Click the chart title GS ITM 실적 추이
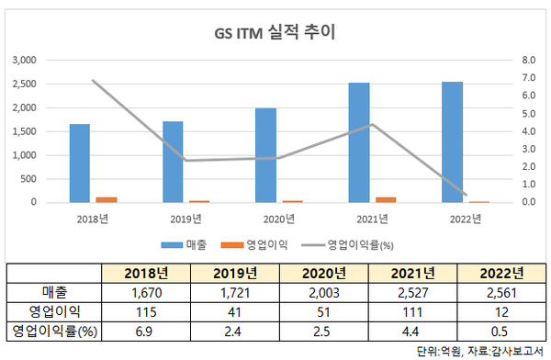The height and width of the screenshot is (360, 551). (275, 34)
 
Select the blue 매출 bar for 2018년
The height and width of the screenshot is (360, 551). (80, 163)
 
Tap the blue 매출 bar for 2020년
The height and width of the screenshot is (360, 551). (265, 155)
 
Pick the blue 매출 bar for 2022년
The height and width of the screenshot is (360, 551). (452, 141)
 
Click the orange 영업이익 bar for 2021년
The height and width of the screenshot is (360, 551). (386, 199)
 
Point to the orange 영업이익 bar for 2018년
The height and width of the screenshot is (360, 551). (107, 199)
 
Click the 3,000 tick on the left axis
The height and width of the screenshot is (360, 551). (23, 60)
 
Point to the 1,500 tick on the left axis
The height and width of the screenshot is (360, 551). (23, 131)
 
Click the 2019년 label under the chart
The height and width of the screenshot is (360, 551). (186, 218)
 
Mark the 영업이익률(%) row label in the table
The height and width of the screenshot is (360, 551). (51, 332)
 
